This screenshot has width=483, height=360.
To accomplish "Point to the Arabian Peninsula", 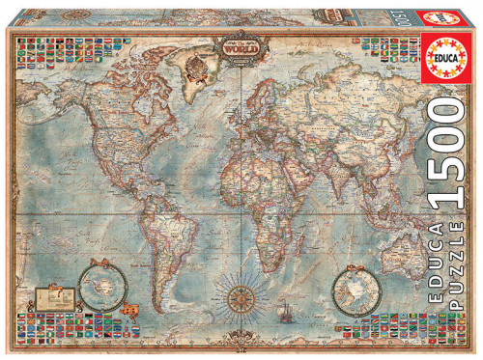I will (281, 166).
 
